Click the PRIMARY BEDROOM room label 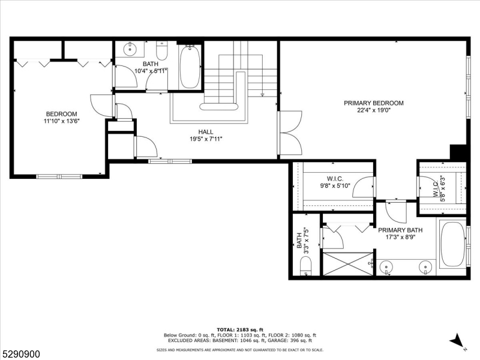pos(373,103)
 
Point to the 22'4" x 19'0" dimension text pos(373,110)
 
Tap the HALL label pos(206,132)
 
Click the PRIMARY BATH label pos(400,230)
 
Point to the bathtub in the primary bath pos(452,245)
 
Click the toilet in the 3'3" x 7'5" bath pos(305,266)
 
